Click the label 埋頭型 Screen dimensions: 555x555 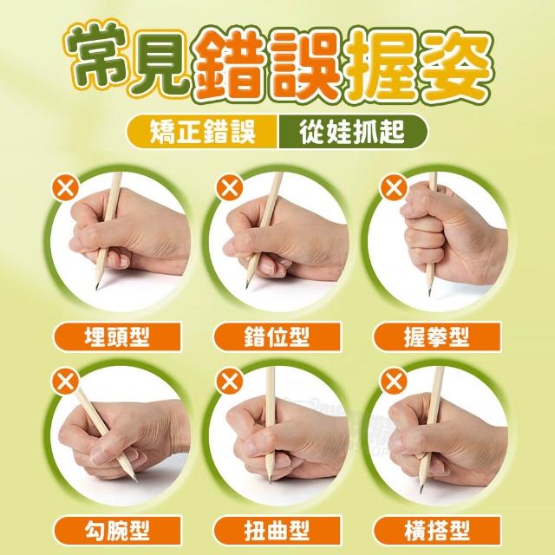pos(117,336)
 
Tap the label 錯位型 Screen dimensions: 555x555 pos(277,336)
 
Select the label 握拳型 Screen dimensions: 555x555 pos(437,336)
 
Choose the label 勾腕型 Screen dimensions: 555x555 pos(117,531)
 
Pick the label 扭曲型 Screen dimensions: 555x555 pos(277,531)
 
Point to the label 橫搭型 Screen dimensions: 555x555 pos(437,531)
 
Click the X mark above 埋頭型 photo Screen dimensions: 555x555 pos(66,187)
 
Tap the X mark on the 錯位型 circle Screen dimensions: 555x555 pos(230,187)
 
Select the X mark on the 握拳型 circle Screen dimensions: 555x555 pos(393,187)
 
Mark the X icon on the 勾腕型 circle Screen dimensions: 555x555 pos(66,382)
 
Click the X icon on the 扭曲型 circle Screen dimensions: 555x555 pos(230,382)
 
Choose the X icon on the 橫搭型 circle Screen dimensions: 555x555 pos(393,382)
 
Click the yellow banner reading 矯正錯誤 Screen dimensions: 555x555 pos(202,132)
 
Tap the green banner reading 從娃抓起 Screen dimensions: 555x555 pos(353,132)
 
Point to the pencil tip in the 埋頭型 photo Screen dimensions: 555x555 pos(97,288)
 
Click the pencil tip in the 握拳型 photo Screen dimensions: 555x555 pos(429,294)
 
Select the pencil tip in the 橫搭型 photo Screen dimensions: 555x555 pos(421,491)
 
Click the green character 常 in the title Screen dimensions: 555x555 pos(96,56)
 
